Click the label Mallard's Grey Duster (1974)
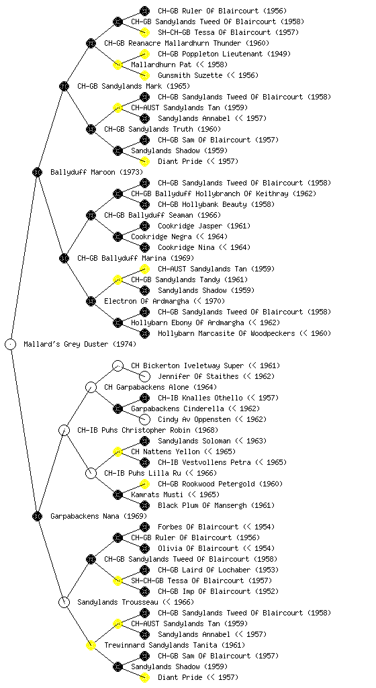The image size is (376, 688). tap(80, 345)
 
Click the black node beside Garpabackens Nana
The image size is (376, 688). tap(37, 517)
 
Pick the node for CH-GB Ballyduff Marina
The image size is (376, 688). tap(64, 259)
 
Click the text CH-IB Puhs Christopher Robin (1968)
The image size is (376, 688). tap(148, 431)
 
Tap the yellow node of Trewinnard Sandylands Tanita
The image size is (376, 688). tap(91, 646)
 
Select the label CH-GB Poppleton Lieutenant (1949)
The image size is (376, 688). tap(224, 54)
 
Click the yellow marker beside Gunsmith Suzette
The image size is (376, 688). tap(144, 75)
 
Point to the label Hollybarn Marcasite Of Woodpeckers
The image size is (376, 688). tap(226, 333)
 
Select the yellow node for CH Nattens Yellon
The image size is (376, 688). tap(117, 452)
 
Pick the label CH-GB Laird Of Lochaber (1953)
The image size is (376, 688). tap(218, 570)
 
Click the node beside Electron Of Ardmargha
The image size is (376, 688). tap(91, 302)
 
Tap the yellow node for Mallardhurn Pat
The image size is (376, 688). tap(117, 65)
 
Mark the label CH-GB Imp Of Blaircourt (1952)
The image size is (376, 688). tap(218, 591)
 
